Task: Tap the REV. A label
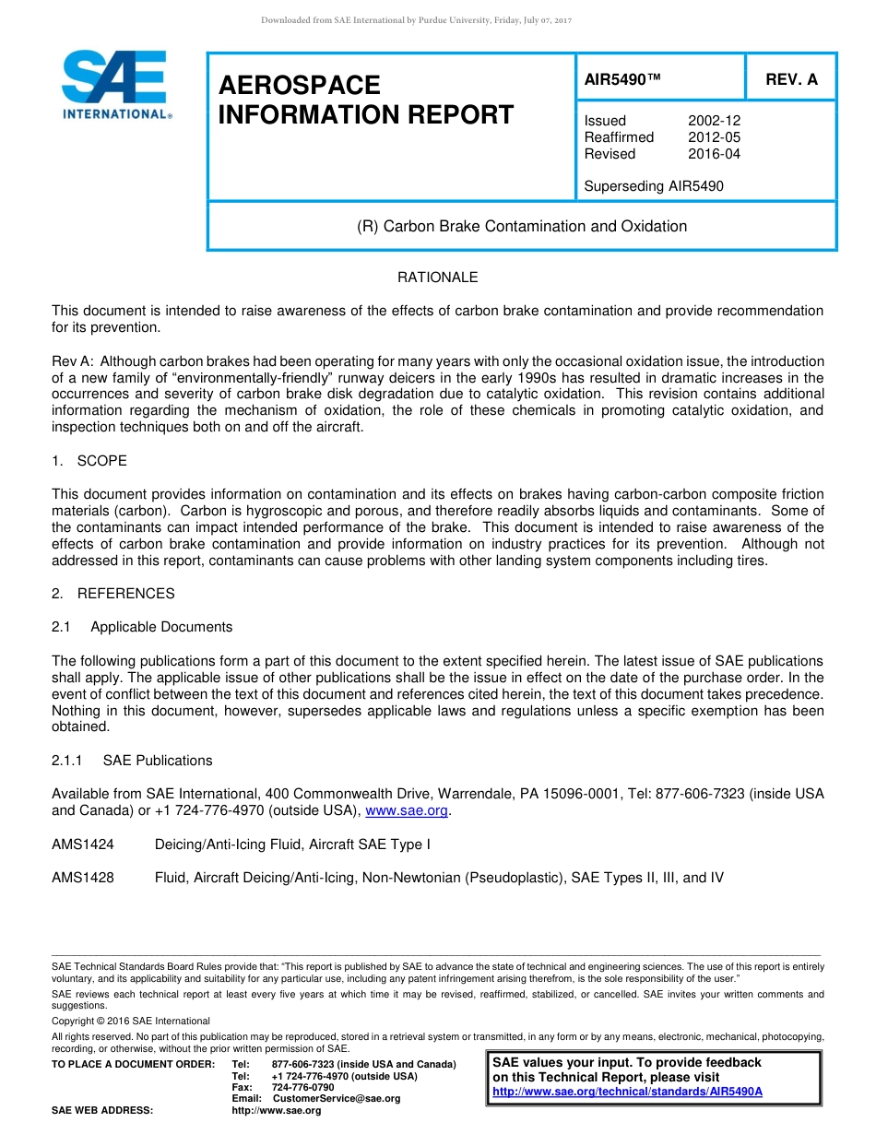(791, 80)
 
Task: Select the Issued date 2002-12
(714, 121)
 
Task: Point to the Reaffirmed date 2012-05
(714, 137)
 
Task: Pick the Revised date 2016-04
(714, 154)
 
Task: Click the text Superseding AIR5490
(654, 186)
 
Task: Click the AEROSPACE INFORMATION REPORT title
(365, 100)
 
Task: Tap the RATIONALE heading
(437, 278)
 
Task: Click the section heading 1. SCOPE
(89, 461)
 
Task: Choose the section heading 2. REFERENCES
(113, 594)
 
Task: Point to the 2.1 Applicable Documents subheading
(143, 627)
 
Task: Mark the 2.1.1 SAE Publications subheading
(132, 761)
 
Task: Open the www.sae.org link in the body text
(407, 811)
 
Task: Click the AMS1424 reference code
(83, 845)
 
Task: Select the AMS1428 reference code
(83, 878)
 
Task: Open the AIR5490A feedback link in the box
(627, 1092)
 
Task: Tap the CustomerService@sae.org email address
(337, 1098)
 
